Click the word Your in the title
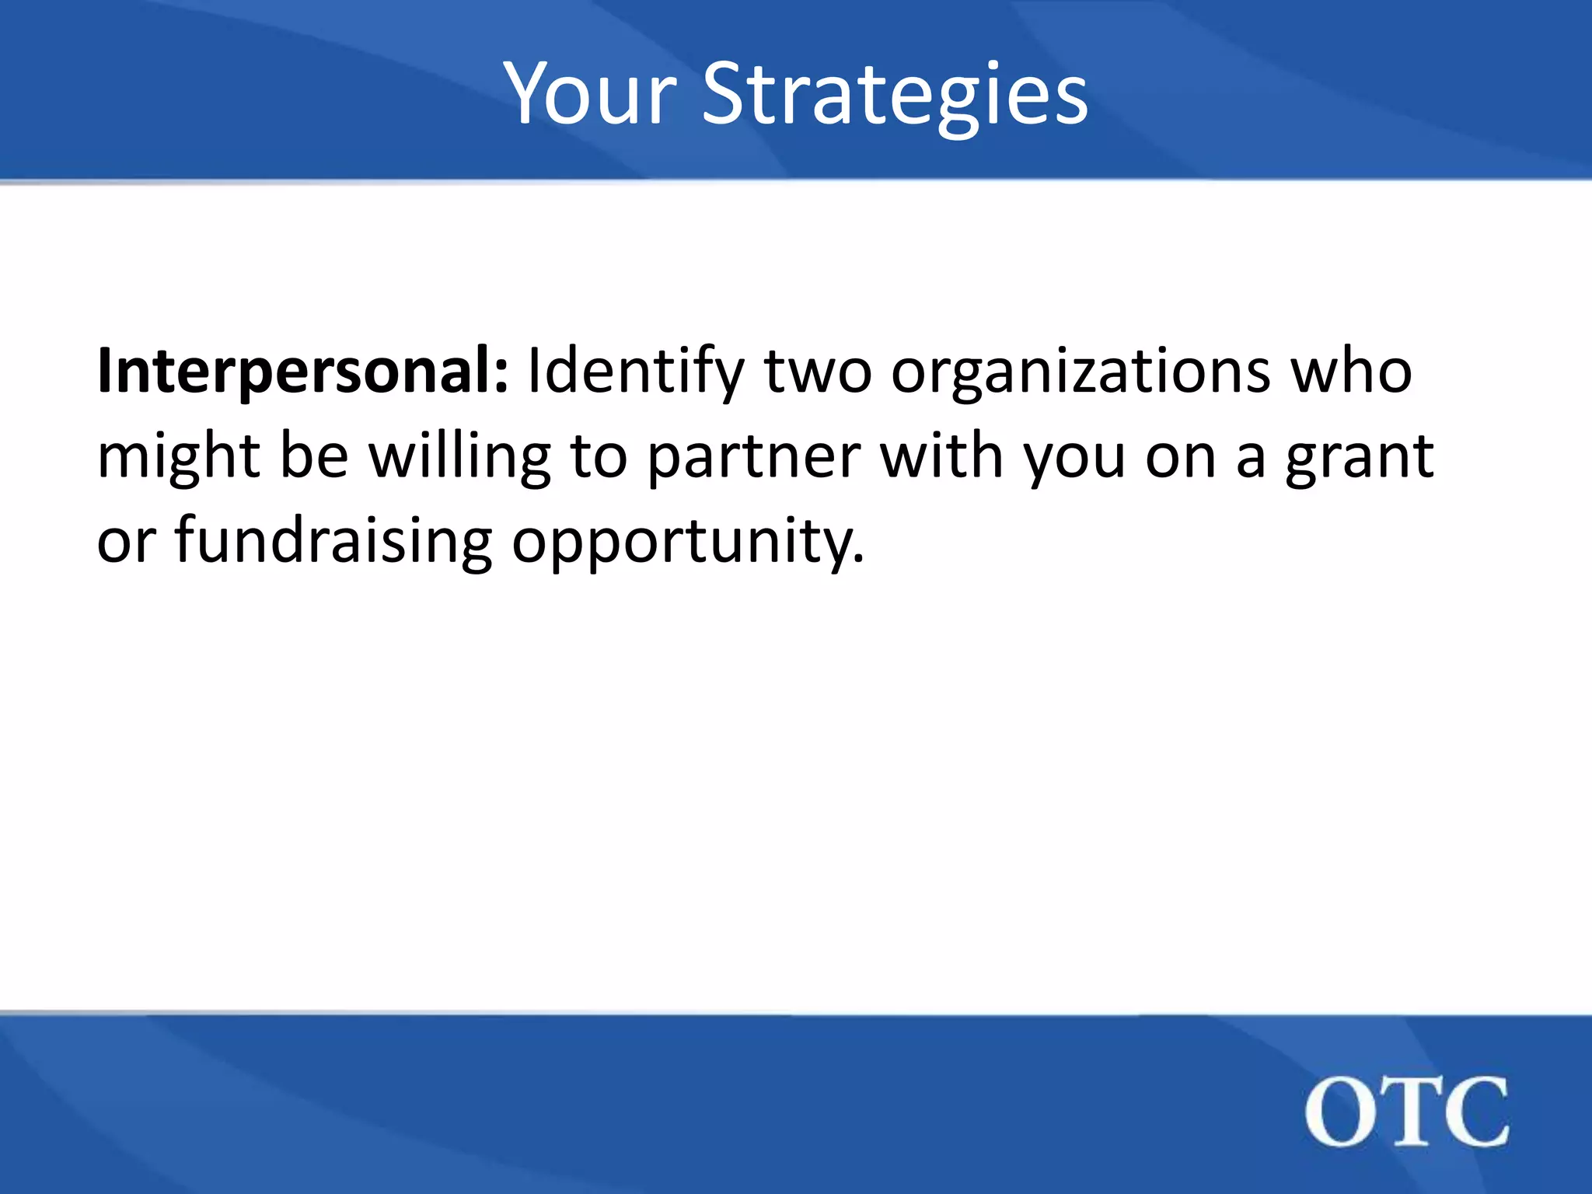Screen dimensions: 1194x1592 [x=591, y=95]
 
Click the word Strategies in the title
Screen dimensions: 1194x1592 [x=895, y=95]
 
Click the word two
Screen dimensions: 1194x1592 [x=818, y=372]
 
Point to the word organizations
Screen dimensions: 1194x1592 [x=1081, y=372]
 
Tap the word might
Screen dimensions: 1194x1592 [x=178, y=457]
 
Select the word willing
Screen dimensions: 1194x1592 [x=459, y=457]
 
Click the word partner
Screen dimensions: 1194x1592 [x=753, y=457]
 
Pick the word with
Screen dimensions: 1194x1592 [x=941, y=457]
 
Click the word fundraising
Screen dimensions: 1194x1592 [x=333, y=541]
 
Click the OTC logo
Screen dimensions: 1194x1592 [x=1406, y=1112]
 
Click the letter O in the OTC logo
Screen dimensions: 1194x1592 [x=1339, y=1112]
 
